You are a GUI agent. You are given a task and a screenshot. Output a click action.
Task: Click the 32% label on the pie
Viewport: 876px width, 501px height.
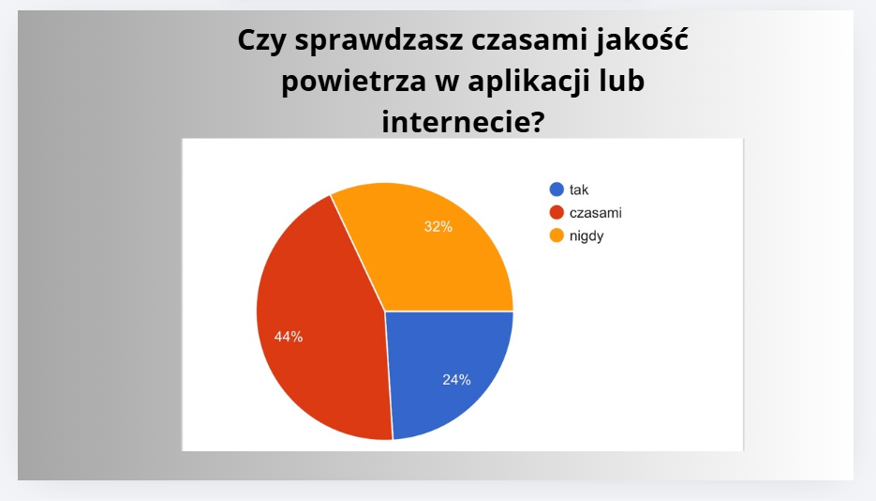tap(438, 226)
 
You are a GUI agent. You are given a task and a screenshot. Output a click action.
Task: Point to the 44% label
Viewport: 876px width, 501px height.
tap(289, 337)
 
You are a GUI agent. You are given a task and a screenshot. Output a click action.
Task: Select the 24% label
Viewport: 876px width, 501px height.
tap(456, 380)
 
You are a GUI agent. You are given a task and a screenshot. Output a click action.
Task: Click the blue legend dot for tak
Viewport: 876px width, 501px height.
tap(557, 190)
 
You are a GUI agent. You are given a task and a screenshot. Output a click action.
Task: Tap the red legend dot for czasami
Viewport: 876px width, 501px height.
tap(557, 212)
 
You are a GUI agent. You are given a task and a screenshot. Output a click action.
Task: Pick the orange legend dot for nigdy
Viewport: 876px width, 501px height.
tap(557, 235)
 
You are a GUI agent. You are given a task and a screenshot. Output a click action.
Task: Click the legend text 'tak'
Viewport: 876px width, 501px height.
tap(579, 190)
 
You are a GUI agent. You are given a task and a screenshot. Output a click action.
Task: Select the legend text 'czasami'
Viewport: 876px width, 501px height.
tap(596, 213)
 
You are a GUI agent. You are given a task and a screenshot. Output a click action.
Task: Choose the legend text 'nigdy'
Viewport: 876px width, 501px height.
tap(586, 236)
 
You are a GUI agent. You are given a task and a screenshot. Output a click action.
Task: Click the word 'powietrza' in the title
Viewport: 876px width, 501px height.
tap(353, 82)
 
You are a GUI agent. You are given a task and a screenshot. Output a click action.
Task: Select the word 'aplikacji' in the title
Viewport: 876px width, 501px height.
tap(529, 82)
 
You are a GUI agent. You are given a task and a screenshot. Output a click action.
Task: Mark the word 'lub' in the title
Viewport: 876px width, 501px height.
tap(622, 81)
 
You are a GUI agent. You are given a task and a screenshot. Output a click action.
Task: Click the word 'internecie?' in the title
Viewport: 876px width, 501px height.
tap(463, 121)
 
